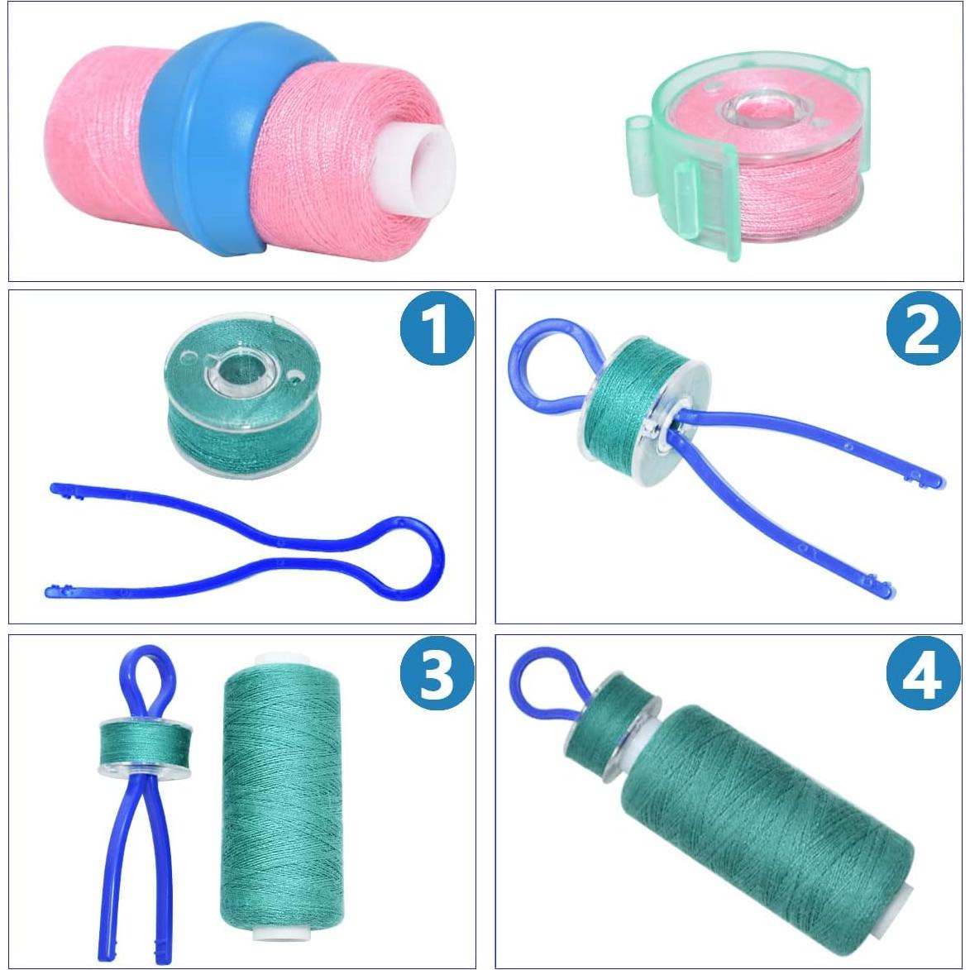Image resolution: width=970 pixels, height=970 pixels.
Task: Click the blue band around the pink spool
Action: [x=198, y=141]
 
